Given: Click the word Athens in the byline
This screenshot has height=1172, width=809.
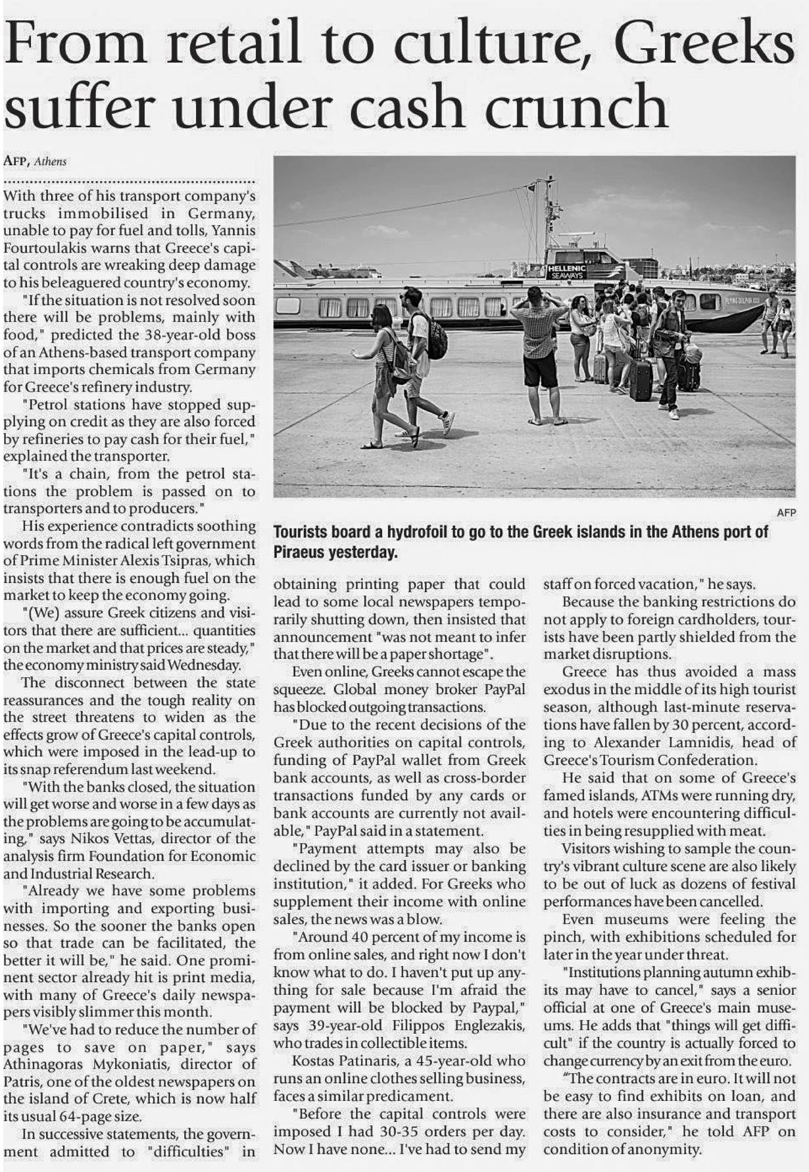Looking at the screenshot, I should (50, 161).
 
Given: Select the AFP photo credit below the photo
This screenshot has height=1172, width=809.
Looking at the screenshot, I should (786, 512).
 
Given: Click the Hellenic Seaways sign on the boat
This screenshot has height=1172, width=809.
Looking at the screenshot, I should (568, 271).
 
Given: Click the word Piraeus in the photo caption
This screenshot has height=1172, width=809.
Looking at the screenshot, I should (299, 552).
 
